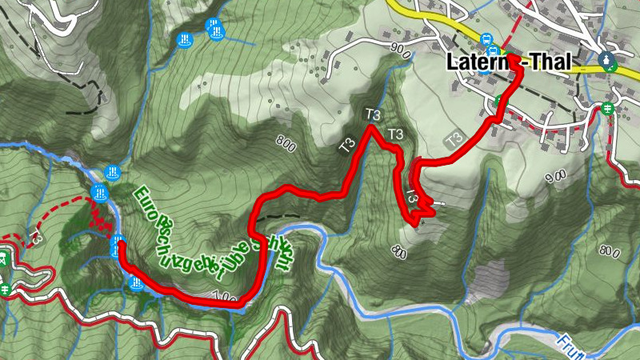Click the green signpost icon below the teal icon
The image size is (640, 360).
tap(608, 108)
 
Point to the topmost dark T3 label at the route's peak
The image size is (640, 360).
tap(372, 114)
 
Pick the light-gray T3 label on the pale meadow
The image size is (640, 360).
tap(454, 138)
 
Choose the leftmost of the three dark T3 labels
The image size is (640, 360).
tap(346, 146)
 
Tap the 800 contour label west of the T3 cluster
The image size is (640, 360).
tap(285, 145)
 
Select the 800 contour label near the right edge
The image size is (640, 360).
tap(610, 253)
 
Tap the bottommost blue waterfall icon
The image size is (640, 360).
tap(137, 283)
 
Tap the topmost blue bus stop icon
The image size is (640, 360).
tap(485, 39)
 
